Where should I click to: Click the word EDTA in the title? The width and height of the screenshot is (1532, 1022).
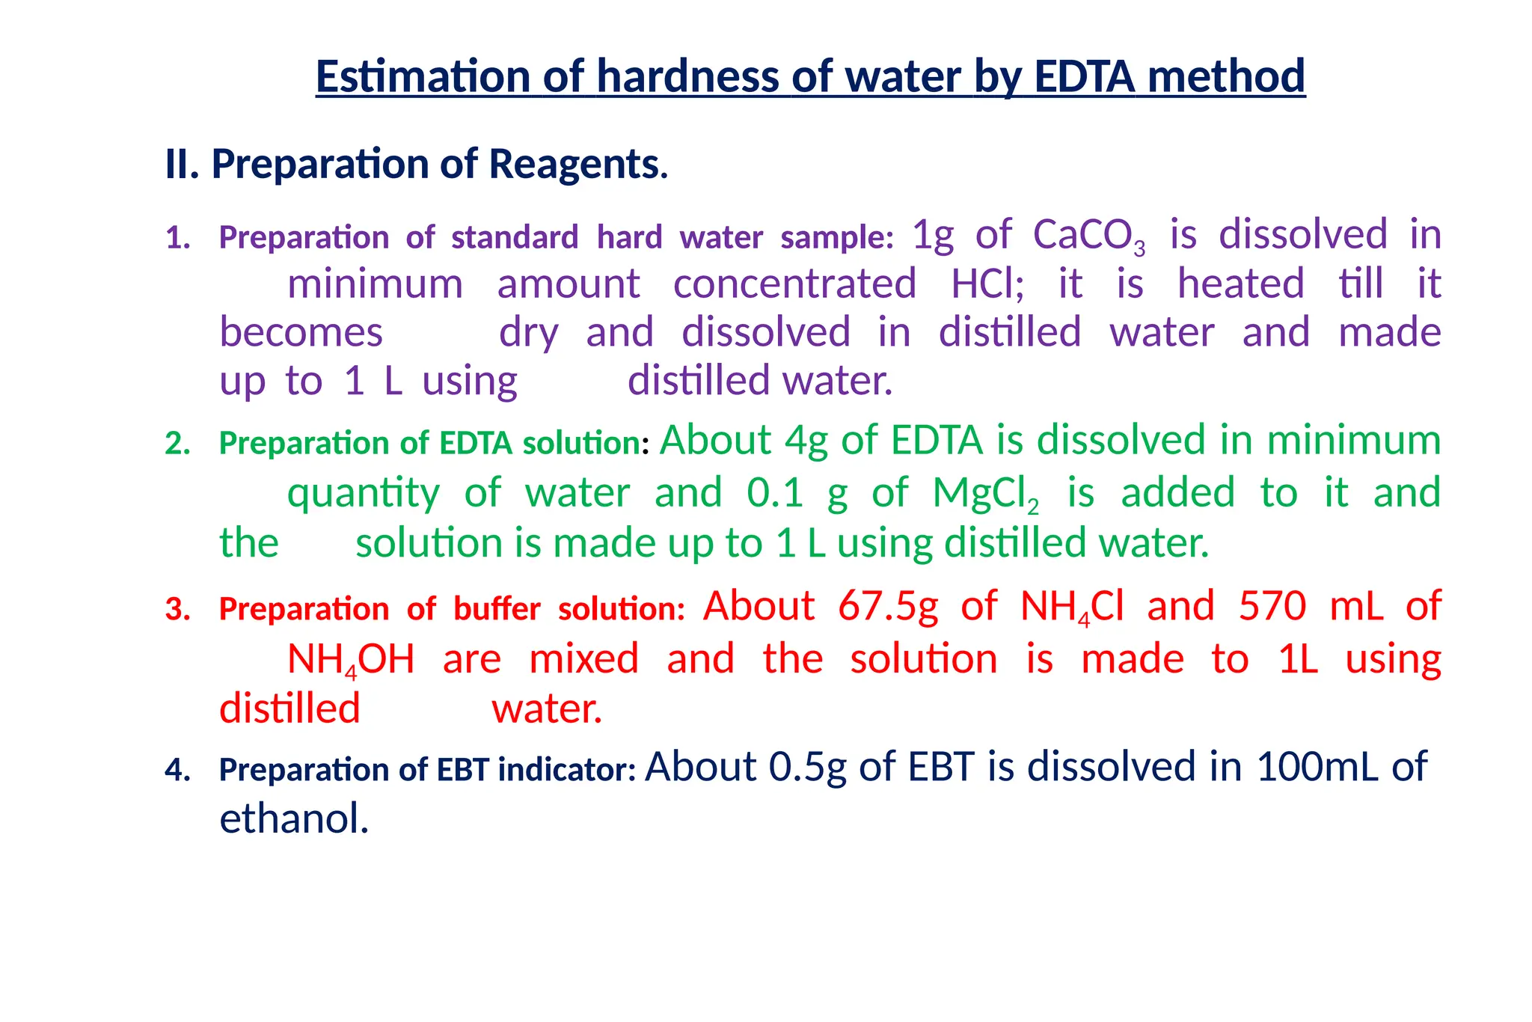pyautogui.click(x=1085, y=76)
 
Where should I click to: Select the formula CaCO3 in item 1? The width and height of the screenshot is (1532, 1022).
pyautogui.click(x=1088, y=236)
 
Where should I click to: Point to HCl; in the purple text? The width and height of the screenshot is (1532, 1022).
pyautogui.click(x=987, y=284)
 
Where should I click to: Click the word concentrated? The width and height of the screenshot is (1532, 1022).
pyautogui.click(x=794, y=284)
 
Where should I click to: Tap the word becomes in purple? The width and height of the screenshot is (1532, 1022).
pyautogui.click(x=301, y=333)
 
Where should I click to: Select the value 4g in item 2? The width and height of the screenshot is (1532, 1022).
pyautogui.click(x=806, y=440)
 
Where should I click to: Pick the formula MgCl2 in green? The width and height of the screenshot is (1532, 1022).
pyautogui.click(x=985, y=494)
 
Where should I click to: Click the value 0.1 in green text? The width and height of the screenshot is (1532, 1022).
pyautogui.click(x=775, y=494)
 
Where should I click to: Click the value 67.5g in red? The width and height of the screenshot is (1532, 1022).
pyautogui.click(x=888, y=606)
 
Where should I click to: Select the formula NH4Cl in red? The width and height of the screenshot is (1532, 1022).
pyautogui.click(x=1071, y=608)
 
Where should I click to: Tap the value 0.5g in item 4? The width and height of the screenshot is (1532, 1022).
pyautogui.click(x=807, y=768)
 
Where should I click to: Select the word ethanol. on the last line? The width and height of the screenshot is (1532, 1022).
pyautogui.click(x=294, y=819)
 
